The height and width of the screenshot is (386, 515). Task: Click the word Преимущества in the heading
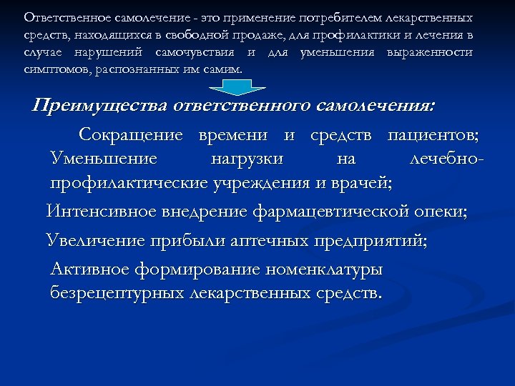click(99, 107)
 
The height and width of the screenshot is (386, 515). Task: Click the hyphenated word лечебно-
click(448, 158)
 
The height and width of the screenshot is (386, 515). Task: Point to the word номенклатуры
click(323, 269)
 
